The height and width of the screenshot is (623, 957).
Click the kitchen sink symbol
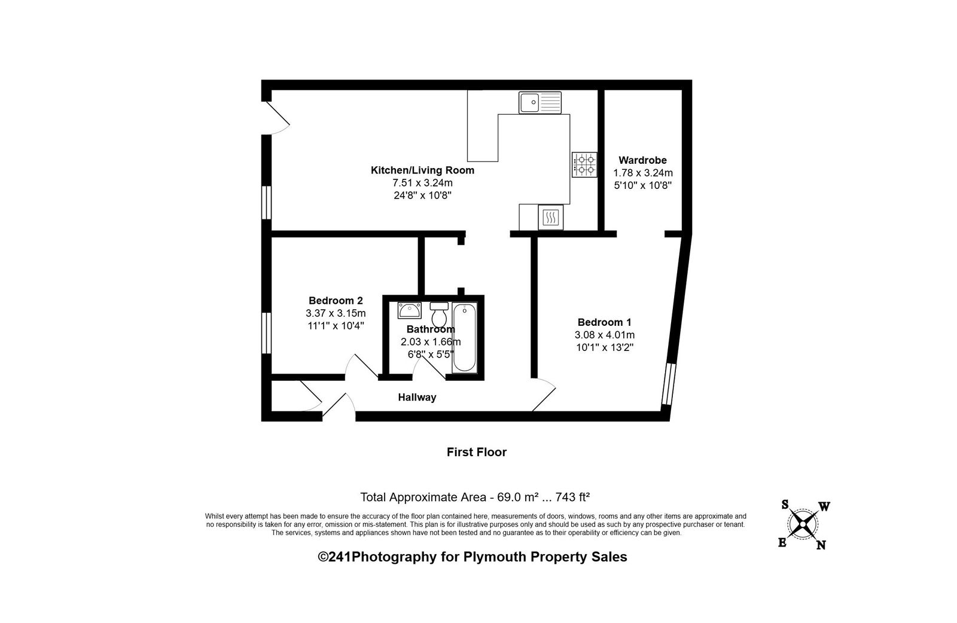pyautogui.click(x=540, y=103)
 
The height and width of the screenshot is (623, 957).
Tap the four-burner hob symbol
pyautogui.click(x=584, y=165)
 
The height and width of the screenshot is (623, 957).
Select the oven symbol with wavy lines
pyautogui.click(x=551, y=218)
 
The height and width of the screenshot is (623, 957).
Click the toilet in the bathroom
pyautogui.click(x=439, y=314)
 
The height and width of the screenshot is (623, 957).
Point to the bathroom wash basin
pyautogui.click(x=410, y=310)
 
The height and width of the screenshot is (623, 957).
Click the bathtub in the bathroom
pyautogui.click(x=464, y=337)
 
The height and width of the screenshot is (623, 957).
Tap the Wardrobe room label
pyautogui.click(x=642, y=160)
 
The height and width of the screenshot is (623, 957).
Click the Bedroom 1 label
pyautogui.click(x=604, y=322)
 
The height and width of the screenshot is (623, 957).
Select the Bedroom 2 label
pyautogui.click(x=336, y=301)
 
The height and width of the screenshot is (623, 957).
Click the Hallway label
pyautogui.click(x=417, y=398)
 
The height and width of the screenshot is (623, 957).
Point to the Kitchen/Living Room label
pyautogui.click(x=422, y=170)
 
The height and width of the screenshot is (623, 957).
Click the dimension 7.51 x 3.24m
pyautogui.click(x=422, y=183)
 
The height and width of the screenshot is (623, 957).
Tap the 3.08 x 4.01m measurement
pyautogui.click(x=605, y=335)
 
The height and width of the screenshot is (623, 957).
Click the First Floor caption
pyautogui.click(x=477, y=452)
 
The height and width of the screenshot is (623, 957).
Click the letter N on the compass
pyautogui.click(x=821, y=545)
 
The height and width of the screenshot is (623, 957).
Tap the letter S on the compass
pyautogui.click(x=785, y=505)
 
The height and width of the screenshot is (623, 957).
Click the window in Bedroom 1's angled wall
pyautogui.click(x=669, y=384)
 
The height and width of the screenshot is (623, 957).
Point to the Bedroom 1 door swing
pyautogui.click(x=544, y=395)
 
